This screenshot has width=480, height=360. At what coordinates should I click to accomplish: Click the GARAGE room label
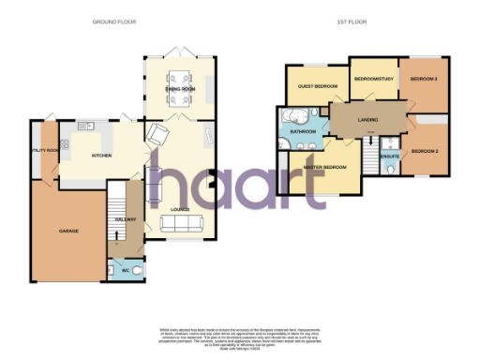point(67,231)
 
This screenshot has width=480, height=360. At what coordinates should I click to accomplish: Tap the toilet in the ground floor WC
point(137,270)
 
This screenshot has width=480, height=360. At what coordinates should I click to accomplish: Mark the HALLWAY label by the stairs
point(126,219)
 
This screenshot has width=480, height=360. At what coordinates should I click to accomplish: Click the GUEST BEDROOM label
point(318,86)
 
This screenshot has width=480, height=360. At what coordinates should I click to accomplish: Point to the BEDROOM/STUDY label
point(372,79)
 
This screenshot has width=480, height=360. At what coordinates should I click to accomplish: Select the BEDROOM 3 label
point(425,79)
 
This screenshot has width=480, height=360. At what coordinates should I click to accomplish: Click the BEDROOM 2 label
point(426,151)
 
